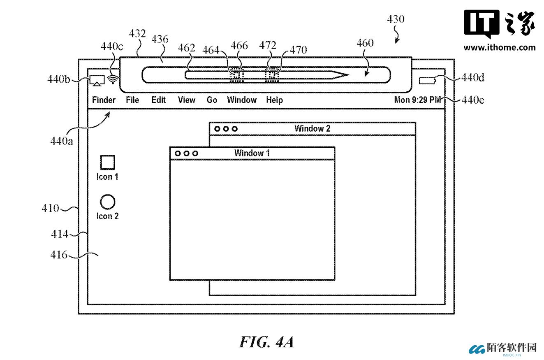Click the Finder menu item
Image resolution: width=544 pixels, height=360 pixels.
tap(104, 100)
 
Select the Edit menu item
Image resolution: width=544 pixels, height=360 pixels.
tap(158, 100)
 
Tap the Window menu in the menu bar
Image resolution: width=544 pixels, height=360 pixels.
tap(242, 100)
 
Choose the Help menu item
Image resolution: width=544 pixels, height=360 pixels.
tap(274, 100)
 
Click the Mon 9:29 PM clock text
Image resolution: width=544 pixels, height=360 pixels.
tap(417, 100)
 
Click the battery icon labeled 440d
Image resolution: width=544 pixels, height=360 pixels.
tap(427, 81)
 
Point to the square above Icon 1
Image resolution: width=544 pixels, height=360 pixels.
tap(107, 163)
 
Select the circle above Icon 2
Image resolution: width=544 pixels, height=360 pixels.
tap(107, 202)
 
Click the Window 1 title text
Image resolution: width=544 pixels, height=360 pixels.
tap(252, 153)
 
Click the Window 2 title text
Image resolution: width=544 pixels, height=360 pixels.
tap(312, 128)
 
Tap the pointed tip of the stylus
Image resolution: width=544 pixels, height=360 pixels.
tap(347, 75)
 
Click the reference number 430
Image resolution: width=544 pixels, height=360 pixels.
tap(396, 19)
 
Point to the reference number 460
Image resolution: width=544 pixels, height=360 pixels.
tap(365, 43)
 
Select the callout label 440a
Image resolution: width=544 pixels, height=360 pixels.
tap(62, 141)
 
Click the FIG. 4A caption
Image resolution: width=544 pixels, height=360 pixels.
tap(266, 342)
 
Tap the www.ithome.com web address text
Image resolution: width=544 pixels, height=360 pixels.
tap(500, 47)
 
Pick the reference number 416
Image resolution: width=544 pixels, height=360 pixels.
tap(59, 255)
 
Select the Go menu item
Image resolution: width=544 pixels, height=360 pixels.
tap(212, 100)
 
